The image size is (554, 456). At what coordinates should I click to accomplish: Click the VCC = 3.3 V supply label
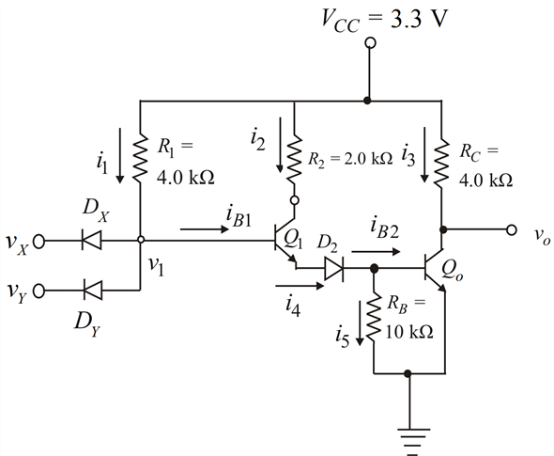pos(384,20)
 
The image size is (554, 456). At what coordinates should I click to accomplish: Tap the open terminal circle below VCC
pos(370,43)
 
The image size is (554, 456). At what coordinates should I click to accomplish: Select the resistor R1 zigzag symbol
pos(140,158)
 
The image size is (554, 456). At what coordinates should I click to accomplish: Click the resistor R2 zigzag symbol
pos(294,159)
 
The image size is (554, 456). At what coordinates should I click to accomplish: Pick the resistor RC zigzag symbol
pos(441,163)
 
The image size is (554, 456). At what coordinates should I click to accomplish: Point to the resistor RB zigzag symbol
pos(374,316)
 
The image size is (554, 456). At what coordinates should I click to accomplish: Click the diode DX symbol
pos(92,240)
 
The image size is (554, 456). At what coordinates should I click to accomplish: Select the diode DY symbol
pos(93,291)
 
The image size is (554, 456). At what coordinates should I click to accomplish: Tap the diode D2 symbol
pos(334,269)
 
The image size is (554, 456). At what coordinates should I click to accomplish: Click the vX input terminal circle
pos(38,242)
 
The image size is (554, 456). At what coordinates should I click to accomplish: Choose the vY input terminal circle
pos(38,291)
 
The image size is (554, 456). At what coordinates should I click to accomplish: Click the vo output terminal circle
pos(511,229)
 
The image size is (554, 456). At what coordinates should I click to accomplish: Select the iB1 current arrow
pos(205,229)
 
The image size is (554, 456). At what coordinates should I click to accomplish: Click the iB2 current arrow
pos(376,252)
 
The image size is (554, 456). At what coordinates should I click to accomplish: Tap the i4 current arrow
pos(300,285)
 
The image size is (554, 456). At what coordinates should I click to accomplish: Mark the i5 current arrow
pos(360,323)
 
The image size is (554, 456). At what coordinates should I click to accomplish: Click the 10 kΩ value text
pos(409,332)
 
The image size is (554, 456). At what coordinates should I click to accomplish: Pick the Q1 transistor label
pos(293,240)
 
